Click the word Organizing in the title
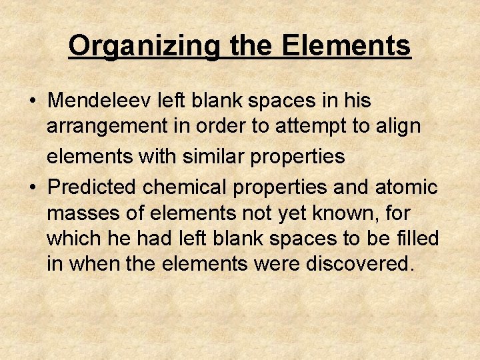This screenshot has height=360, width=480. pyautogui.click(x=143, y=46)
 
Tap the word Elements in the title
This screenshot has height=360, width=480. pyautogui.click(x=346, y=46)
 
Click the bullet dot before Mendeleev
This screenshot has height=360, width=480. pyautogui.click(x=33, y=102)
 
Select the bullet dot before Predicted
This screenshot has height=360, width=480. pyautogui.click(x=33, y=189)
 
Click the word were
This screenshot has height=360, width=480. pyautogui.click(x=278, y=263)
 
